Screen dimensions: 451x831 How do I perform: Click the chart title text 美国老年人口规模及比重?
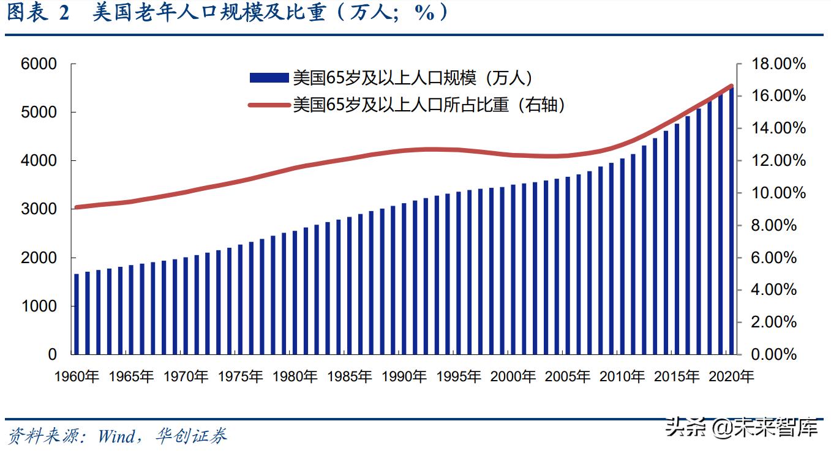(x=209, y=13)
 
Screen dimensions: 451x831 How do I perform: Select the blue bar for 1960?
(x=77, y=314)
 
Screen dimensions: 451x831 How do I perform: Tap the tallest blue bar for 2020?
(x=729, y=220)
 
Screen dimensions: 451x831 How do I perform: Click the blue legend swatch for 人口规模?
(x=268, y=78)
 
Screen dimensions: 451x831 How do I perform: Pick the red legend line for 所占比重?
(x=268, y=105)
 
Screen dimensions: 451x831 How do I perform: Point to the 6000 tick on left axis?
(x=39, y=64)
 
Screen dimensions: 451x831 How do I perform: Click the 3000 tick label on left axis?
(x=39, y=209)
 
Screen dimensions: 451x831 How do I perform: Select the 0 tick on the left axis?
(x=52, y=355)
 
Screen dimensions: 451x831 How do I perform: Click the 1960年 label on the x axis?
(x=77, y=376)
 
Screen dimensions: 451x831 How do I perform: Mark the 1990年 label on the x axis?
(x=404, y=376)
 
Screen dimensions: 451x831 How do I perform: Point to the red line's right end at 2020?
(x=731, y=86)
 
